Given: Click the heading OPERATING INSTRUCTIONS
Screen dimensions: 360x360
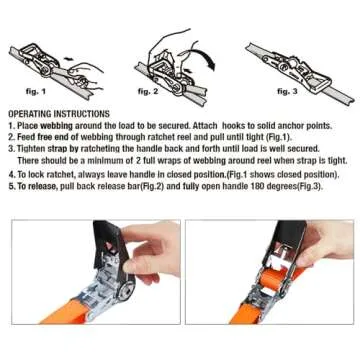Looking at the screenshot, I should pyautogui.click(x=59, y=115).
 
